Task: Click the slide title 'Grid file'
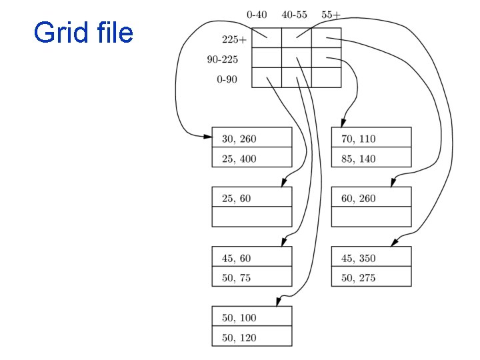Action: pos(83,32)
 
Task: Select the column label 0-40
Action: pos(257,14)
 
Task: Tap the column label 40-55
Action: pos(294,14)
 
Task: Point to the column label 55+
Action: pos(331,14)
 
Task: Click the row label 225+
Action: pos(234,39)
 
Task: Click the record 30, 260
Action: pos(239,139)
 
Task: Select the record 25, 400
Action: pos(239,159)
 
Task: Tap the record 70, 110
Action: pos(359,139)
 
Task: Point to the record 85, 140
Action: pos(359,159)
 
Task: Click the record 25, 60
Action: pos(236,199)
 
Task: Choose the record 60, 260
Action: pos(359,199)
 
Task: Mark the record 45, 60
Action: pos(236,259)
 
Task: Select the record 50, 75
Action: pos(236,277)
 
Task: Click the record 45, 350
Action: pos(359,259)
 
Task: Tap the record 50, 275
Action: pos(359,277)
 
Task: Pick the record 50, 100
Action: pos(239,318)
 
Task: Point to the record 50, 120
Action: pos(239,337)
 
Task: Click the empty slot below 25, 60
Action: pos(252,217)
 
